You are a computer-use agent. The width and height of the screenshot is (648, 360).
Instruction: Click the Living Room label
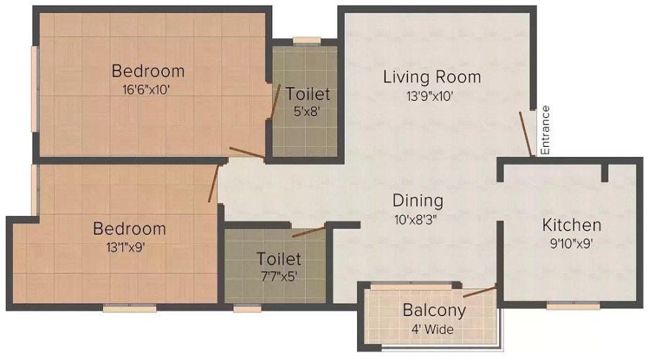click(431, 76)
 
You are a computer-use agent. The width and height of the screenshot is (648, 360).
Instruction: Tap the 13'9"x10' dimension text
click(431, 97)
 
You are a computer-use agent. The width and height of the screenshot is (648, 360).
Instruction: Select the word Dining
click(418, 200)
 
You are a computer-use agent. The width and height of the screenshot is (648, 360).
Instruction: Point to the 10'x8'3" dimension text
click(418, 220)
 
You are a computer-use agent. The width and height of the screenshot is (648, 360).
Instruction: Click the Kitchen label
click(572, 224)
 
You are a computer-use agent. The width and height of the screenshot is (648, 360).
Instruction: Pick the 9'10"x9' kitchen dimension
click(572, 243)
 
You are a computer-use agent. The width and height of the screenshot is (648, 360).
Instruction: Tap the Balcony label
click(433, 311)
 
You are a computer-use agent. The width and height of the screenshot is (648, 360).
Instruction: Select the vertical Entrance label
click(545, 130)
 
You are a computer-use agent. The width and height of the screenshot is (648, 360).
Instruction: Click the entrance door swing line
click(526, 134)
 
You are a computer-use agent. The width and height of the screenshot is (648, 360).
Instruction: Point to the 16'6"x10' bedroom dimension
click(148, 90)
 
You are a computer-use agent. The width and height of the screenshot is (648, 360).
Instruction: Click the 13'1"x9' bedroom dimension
click(129, 248)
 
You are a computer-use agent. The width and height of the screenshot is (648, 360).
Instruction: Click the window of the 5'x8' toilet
click(307, 41)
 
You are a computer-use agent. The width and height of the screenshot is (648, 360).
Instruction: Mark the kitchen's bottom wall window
click(573, 306)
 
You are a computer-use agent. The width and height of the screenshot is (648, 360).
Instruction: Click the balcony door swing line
click(480, 292)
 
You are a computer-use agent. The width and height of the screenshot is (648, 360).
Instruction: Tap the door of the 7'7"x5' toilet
click(308, 231)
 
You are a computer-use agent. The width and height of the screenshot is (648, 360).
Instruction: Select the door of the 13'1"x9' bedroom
click(212, 183)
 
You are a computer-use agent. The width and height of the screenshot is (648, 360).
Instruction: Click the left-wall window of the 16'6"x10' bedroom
click(34, 78)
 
